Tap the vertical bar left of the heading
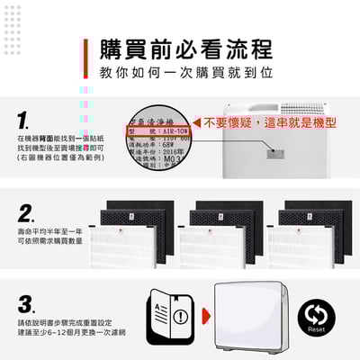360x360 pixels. [x=85, y=58]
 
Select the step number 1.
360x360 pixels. [x=24, y=120]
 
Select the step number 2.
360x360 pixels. [x=26, y=213]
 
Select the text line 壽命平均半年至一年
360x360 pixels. [x=49, y=231]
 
